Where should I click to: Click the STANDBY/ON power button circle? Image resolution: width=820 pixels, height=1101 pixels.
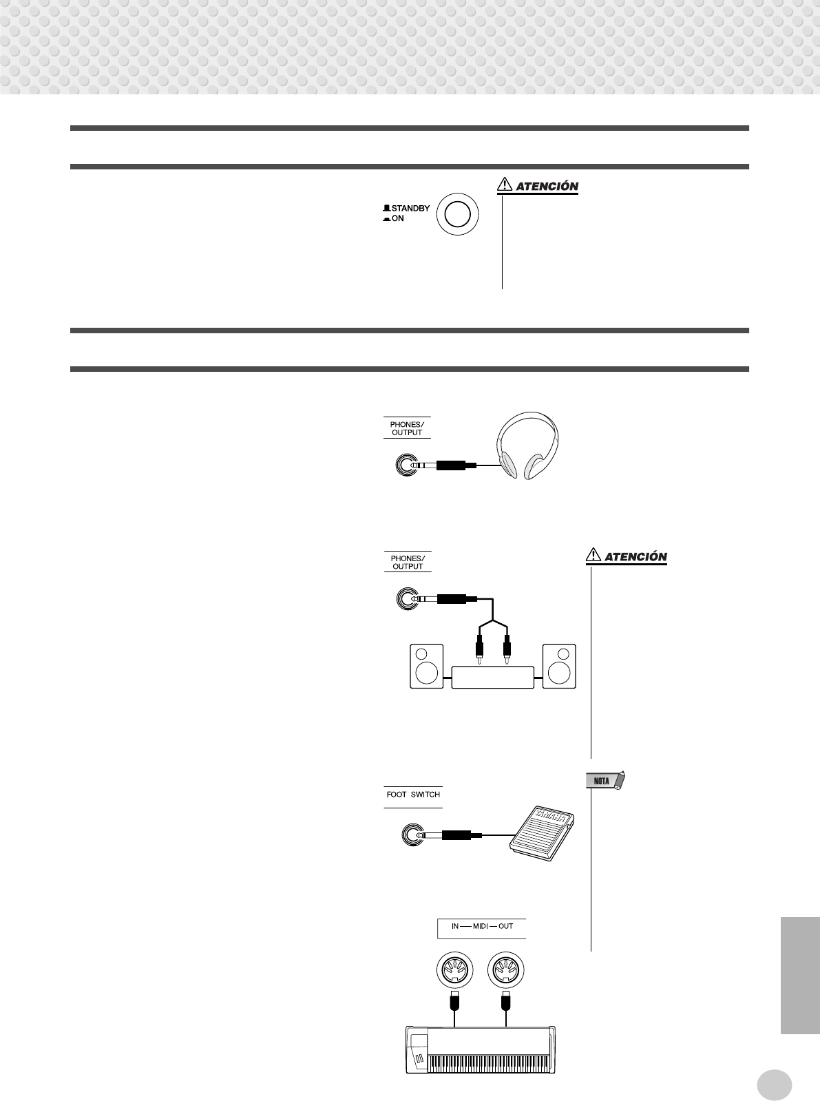coord(458,214)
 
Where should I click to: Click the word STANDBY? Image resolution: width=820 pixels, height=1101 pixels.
coord(410,208)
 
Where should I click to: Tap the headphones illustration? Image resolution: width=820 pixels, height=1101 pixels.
coord(528,445)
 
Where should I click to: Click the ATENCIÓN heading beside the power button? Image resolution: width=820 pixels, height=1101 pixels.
coord(547,187)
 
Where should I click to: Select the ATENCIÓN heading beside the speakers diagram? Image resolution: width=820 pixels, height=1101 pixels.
coord(635,556)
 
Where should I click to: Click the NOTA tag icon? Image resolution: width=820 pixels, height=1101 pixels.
coord(604,781)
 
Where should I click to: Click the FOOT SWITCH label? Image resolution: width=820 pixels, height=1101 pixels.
coord(413,795)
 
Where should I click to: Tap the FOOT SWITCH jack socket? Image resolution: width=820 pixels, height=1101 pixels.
coord(412,835)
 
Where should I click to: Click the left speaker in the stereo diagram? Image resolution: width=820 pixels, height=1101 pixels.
coord(427,666)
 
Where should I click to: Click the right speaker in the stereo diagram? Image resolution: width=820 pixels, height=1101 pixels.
coord(559,666)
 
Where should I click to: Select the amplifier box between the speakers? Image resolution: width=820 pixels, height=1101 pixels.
coord(493,678)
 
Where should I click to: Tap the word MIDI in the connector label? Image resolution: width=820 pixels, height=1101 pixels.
coord(481,926)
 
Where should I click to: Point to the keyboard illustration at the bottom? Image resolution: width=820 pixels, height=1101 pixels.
coord(480,1049)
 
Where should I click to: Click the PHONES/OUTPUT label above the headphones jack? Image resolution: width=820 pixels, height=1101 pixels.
coord(407,428)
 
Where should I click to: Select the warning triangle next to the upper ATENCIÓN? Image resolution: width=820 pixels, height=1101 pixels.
coord(505,185)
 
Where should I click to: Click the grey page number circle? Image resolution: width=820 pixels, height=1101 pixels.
coord(774,1085)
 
